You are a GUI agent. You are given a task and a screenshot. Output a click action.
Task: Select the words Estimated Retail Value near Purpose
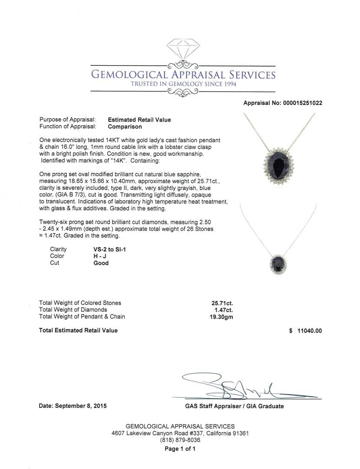[x=139, y=120]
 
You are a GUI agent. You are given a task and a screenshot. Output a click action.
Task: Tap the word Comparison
[x=125, y=127]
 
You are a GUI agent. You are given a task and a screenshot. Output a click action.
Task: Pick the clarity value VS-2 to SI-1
[x=109, y=249]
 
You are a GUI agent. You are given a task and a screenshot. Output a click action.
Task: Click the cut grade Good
[x=101, y=263]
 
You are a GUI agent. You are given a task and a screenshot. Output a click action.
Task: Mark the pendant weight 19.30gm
[x=221, y=317]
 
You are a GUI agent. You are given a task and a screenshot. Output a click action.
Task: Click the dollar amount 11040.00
[x=309, y=331]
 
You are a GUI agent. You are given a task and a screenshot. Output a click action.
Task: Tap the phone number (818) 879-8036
[x=180, y=440]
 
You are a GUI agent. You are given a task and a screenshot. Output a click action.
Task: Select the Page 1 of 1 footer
[x=180, y=449]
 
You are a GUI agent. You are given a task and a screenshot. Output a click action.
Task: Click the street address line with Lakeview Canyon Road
[x=180, y=433]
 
